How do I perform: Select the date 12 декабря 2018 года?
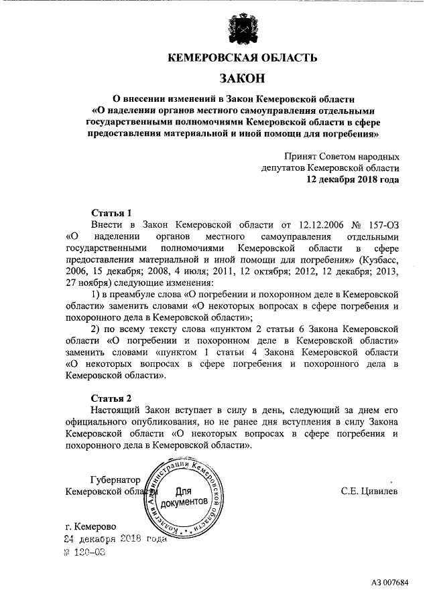click(x=353, y=179)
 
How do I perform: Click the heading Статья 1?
click(x=107, y=213)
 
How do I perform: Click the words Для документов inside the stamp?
click(x=184, y=496)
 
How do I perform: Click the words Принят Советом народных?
click(x=341, y=155)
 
